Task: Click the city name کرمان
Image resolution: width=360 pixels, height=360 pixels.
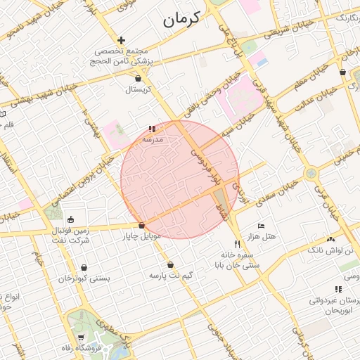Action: (x=182, y=19)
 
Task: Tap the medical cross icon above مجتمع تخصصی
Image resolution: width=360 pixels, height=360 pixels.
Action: (x=122, y=41)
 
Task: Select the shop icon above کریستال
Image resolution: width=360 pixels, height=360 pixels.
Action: (x=138, y=78)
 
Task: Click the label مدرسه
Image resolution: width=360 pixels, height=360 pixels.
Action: (x=153, y=139)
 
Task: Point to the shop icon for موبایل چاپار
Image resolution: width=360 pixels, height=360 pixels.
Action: (x=142, y=226)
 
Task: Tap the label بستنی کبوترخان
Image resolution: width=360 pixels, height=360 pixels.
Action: (x=84, y=278)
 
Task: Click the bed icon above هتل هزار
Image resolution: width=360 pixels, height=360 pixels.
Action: (x=261, y=226)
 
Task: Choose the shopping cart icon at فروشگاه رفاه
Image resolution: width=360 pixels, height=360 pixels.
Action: (x=82, y=338)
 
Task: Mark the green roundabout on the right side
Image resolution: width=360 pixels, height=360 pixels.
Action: (x=310, y=173)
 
